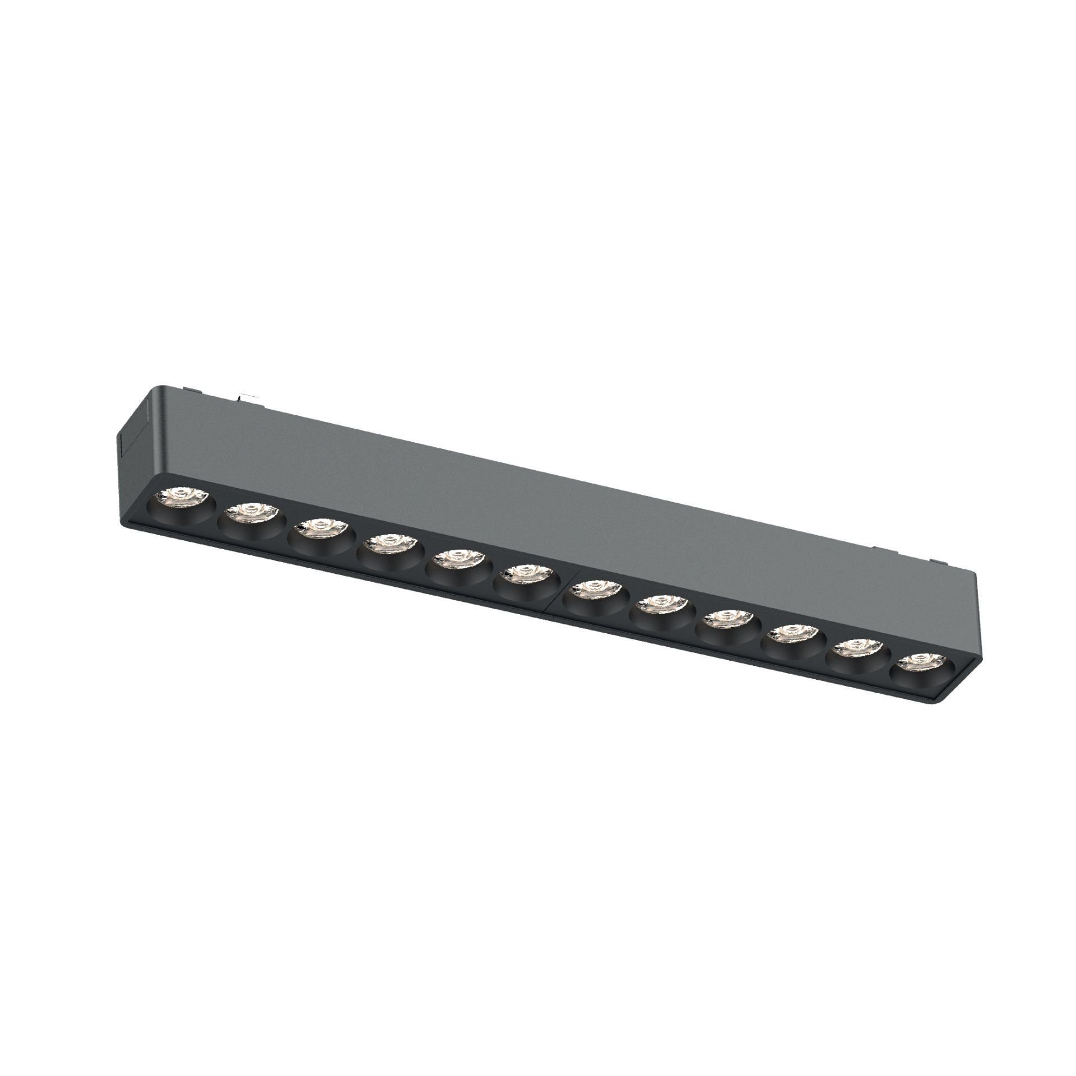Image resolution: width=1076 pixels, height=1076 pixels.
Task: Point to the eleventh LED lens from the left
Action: click(x=857, y=649)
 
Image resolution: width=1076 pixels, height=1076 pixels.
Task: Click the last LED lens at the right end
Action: click(x=921, y=663)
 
